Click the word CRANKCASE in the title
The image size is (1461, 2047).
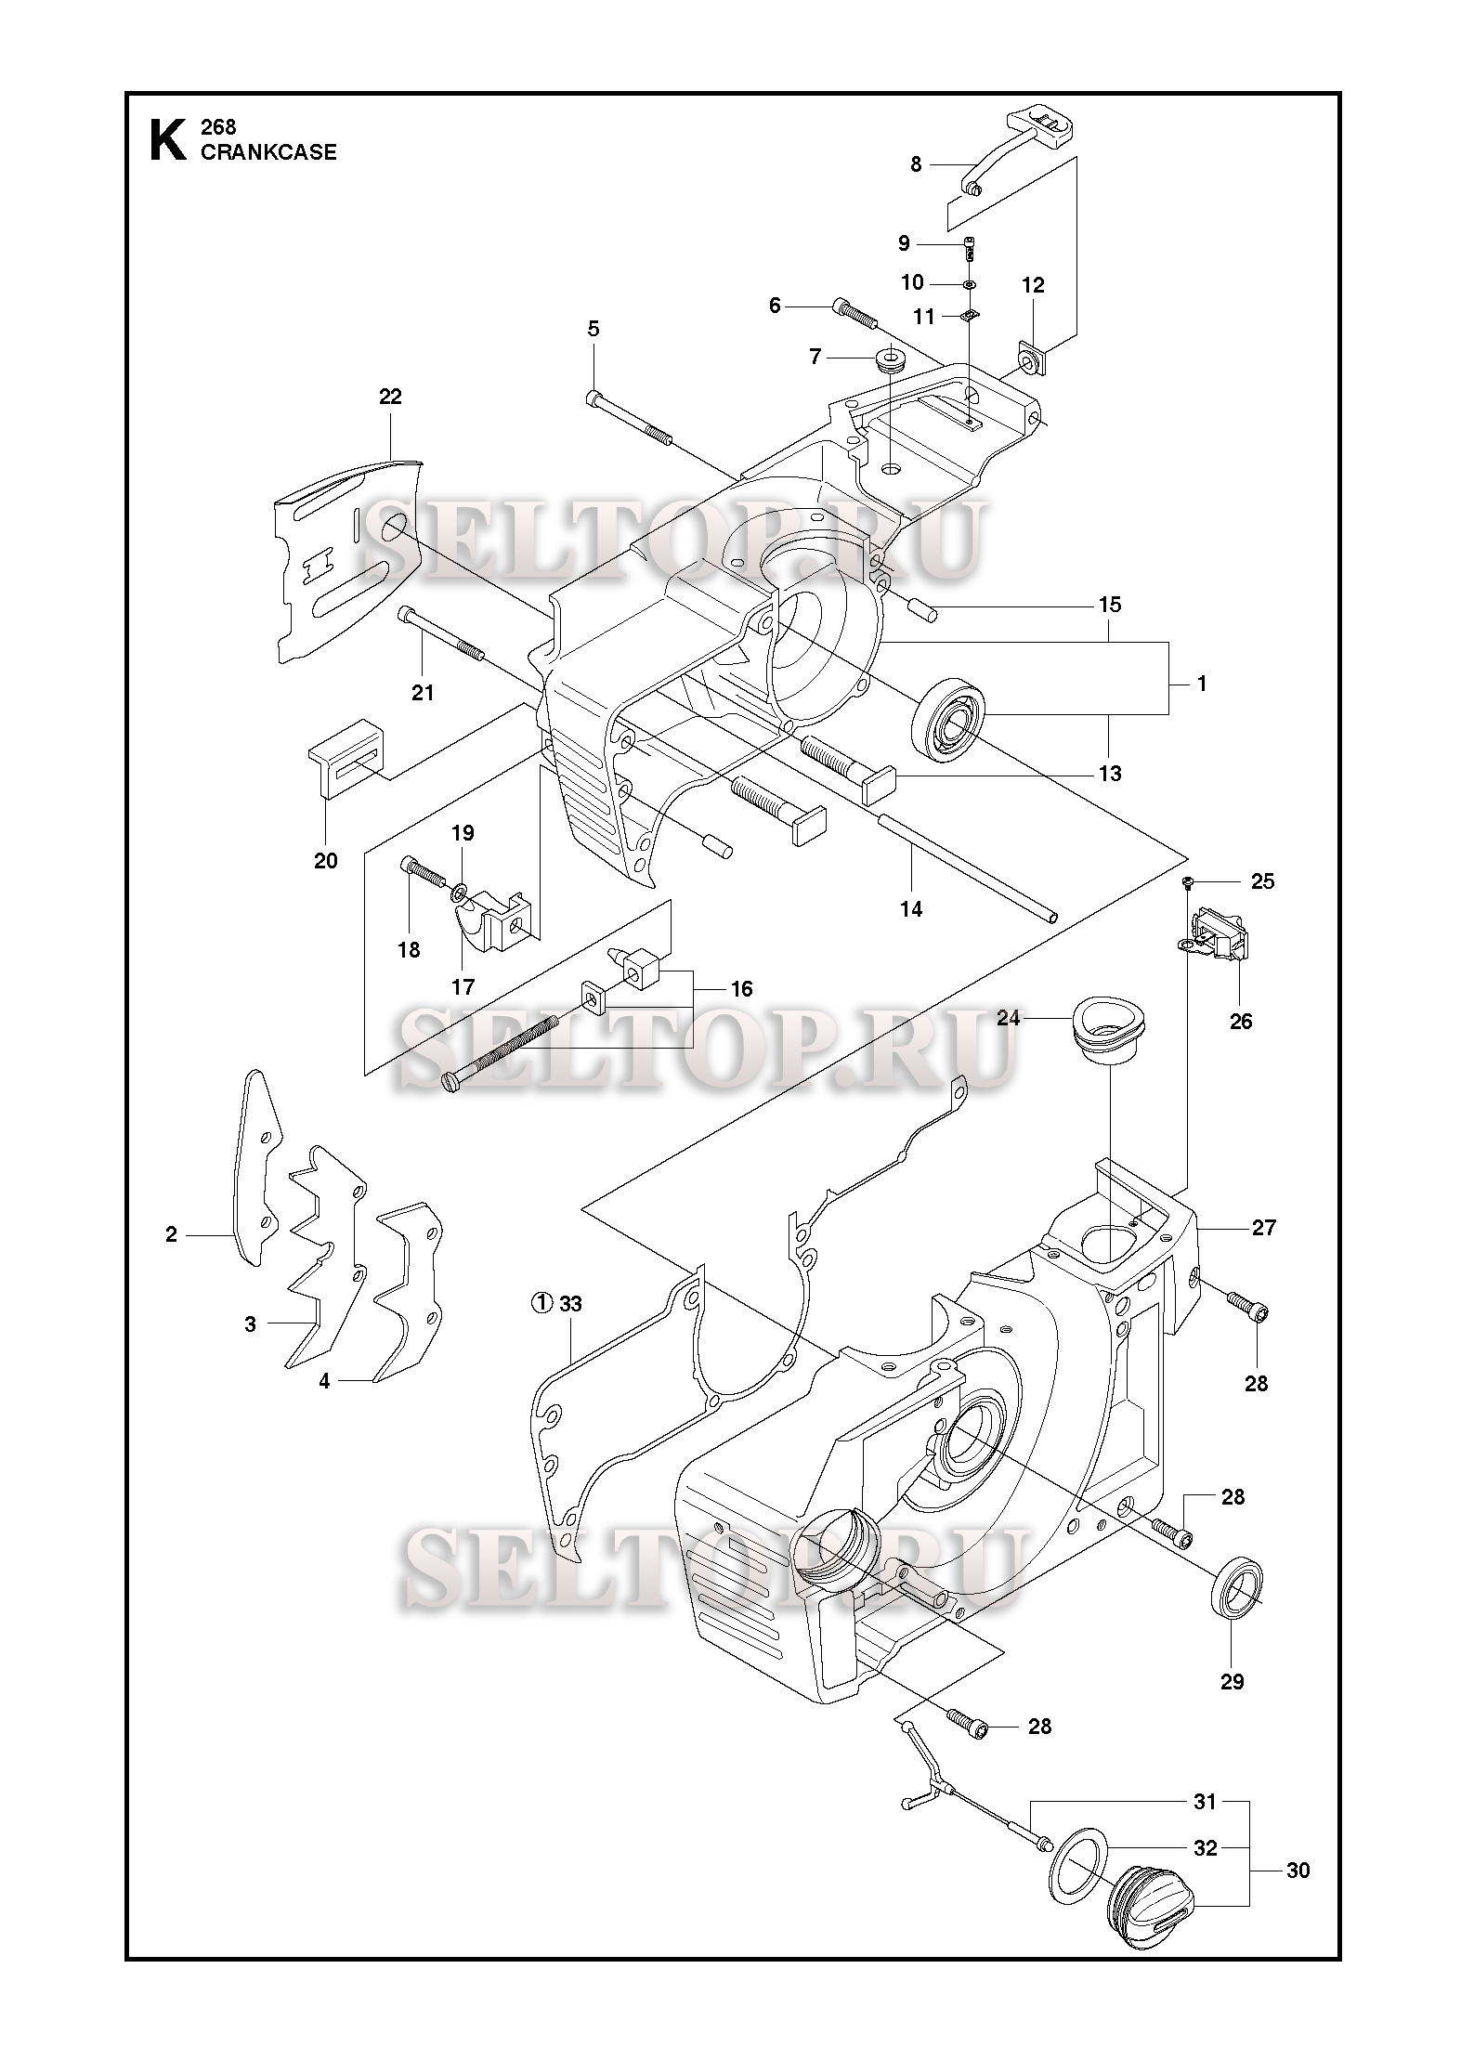pos(268,152)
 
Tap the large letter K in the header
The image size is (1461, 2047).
pos(167,139)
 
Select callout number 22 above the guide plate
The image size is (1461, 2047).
pos(390,397)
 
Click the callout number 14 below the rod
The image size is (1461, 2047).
pos(911,909)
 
